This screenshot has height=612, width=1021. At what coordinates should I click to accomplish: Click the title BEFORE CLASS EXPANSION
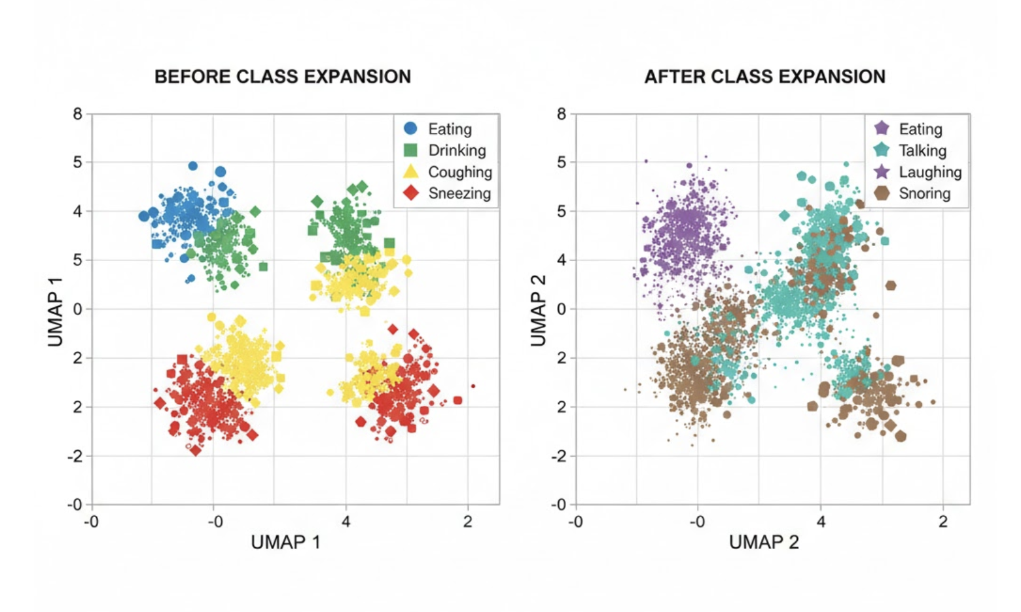tap(282, 77)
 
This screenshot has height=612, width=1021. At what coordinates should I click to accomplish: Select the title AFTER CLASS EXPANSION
tap(764, 77)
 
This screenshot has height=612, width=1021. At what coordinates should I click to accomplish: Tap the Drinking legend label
tap(457, 151)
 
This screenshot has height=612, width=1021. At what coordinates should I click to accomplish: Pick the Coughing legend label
tap(459, 172)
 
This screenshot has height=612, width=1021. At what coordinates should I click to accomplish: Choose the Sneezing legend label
tap(459, 194)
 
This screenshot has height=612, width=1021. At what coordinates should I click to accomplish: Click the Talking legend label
tap(922, 151)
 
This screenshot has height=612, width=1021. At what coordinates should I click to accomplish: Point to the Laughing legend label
tap(929, 172)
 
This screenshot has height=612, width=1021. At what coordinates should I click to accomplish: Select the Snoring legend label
tap(924, 194)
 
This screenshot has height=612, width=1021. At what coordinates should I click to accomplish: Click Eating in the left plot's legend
tap(450, 129)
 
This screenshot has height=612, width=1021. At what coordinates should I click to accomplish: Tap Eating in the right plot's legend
tap(920, 129)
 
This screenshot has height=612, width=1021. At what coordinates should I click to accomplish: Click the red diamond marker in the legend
tap(411, 193)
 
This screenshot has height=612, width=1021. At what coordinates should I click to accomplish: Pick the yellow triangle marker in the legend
tap(410, 171)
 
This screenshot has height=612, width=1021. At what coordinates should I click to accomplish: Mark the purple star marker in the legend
tap(882, 171)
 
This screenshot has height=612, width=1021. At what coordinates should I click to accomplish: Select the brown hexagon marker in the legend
tap(882, 193)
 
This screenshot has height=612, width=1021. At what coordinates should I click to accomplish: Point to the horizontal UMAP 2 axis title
tap(764, 542)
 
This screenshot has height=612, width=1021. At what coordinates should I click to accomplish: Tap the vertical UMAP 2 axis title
tap(538, 310)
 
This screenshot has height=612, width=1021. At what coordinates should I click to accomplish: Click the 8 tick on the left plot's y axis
tap(78, 115)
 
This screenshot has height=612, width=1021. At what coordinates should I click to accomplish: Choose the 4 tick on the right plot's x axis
tap(821, 522)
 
